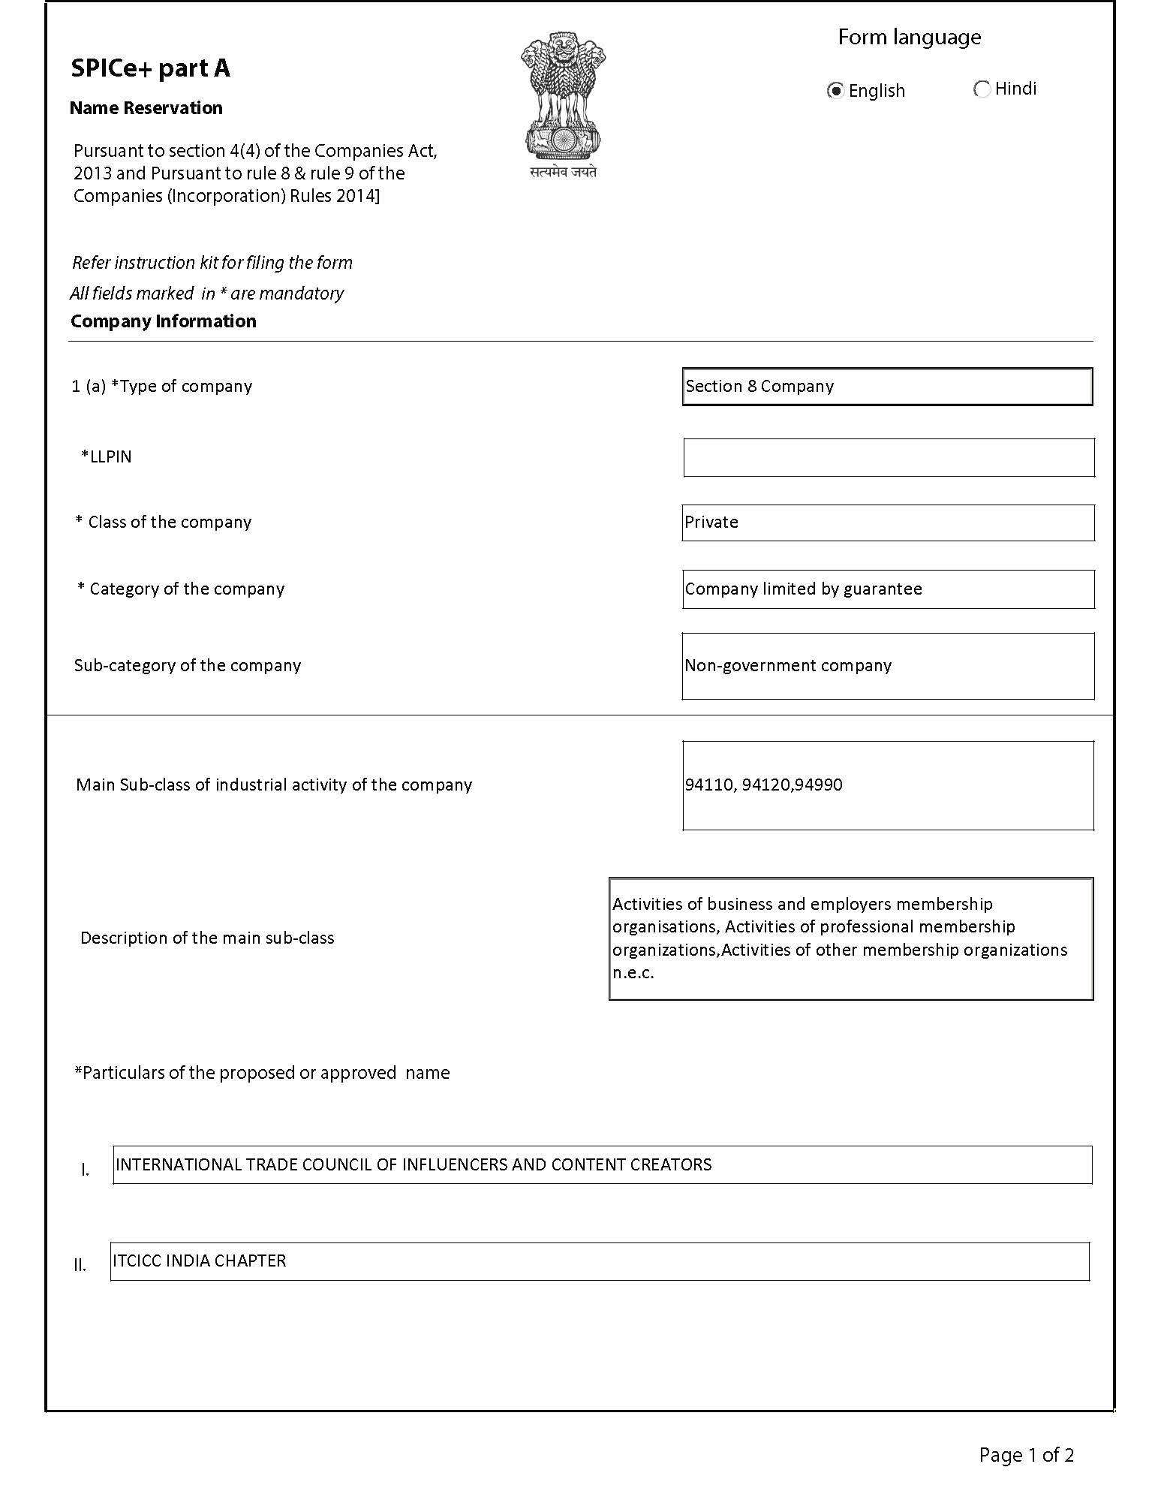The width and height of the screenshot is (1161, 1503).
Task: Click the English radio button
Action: pyautogui.click(x=835, y=91)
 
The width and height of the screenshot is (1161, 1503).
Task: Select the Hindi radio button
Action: pyautogui.click(x=981, y=89)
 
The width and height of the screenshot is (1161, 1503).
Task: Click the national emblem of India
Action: pyautogui.click(x=563, y=101)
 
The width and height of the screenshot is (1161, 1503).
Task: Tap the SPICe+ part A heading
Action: pyautogui.click(x=150, y=68)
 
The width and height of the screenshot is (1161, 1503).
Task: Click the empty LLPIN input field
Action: pyautogui.click(x=889, y=457)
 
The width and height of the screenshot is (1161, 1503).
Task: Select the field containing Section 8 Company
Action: pyautogui.click(x=887, y=387)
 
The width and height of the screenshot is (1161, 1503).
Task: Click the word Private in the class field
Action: pyautogui.click(x=711, y=523)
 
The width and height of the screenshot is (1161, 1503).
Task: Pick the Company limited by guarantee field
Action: pyautogui.click(x=888, y=589)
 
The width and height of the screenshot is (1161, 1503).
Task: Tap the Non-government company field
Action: pyautogui.click(x=888, y=666)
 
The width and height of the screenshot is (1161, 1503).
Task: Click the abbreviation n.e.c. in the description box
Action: pyautogui.click(x=633, y=974)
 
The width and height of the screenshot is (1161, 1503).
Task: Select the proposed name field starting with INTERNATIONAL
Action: pyautogui.click(x=602, y=1165)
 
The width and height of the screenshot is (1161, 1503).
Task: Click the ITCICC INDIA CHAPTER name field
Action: pyautogui.click(x=599, y=1261)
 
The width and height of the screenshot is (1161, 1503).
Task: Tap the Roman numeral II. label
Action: pyautogui.click(x=80, y=1266)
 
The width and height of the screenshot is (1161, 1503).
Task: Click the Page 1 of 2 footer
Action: pyautogui.click(x=1026, y=1456)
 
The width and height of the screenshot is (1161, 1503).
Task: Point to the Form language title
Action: pyautogui.click(x=909, y=38)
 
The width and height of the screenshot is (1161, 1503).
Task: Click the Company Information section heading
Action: pyautogui.click(x=164, y=321)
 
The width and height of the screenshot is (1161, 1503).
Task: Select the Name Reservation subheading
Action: pyautogui.click(x=146, y=108)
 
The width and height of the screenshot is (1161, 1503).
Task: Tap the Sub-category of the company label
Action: pyautogui.click(x=188, y=666)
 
